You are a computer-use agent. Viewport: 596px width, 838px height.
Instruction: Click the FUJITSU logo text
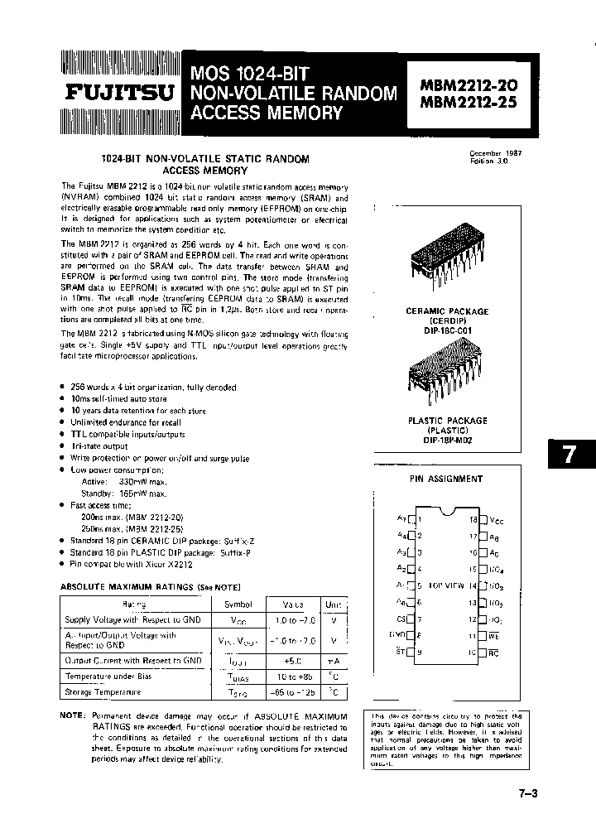point(120,93)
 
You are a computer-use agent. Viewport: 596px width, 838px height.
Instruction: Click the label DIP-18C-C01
point(447,330)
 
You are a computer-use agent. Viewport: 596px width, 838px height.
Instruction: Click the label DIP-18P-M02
point(448,441)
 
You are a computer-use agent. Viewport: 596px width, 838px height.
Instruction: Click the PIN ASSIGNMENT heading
point(446,479)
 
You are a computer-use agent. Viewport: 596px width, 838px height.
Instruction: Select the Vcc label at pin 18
point(497,520)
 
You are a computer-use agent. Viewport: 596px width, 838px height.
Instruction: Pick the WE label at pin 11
point(493,636)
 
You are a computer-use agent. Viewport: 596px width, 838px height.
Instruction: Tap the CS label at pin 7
point(401,619)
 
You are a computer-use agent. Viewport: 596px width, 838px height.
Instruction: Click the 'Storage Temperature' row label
point(103,691)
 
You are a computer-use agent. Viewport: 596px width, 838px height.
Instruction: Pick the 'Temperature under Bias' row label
point(108,676)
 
